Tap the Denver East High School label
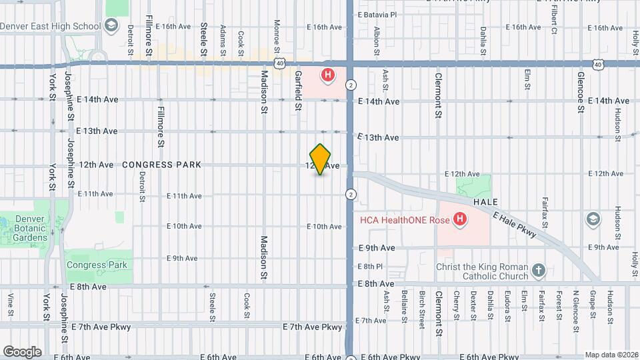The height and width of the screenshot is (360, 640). point(51,27)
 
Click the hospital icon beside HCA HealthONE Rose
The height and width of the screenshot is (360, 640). point(459,218)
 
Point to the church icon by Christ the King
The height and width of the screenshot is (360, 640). point(539,271)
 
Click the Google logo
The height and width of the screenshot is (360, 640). point(22,352)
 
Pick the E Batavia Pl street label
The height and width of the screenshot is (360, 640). point(377,14)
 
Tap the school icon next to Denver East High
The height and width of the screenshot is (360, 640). point(111,27)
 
